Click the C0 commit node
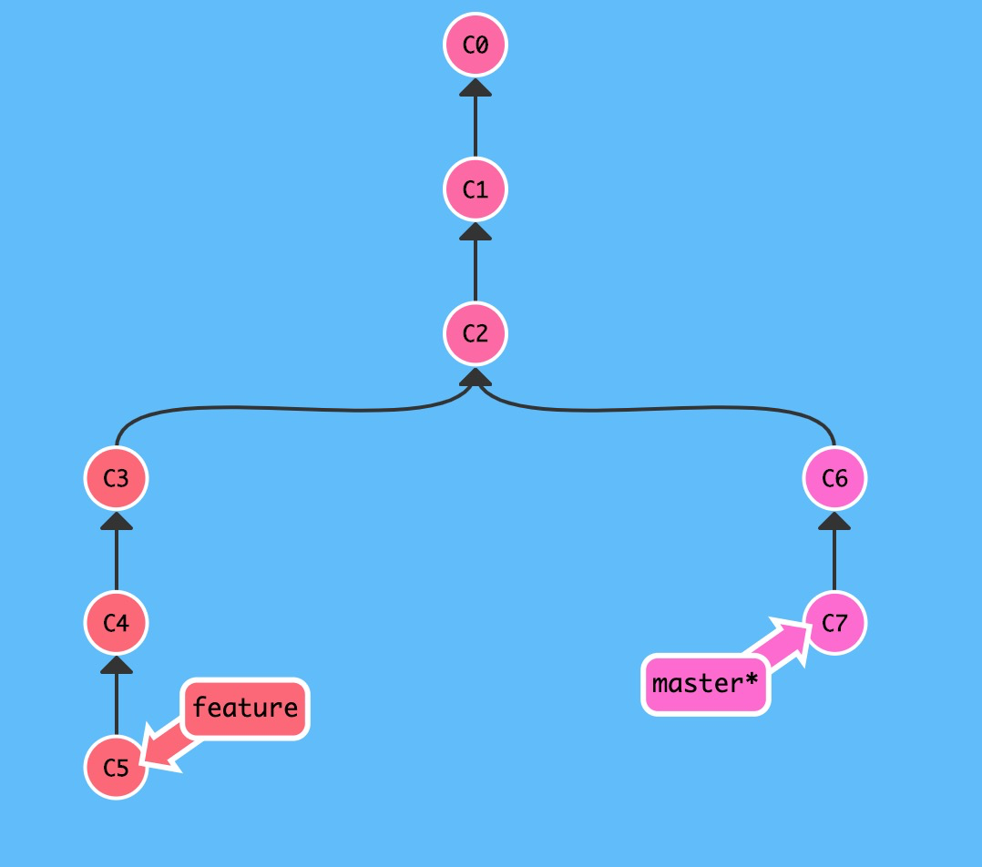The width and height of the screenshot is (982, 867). coord(475,45)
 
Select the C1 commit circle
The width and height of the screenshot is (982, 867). coord(475,189)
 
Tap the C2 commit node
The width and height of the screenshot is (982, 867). coord(475,333)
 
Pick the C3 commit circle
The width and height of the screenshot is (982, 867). coord(116,478)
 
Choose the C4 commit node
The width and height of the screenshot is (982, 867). coord(116,623)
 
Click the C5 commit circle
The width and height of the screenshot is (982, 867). coord(116,768)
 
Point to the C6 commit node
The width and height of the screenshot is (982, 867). coord(834,478)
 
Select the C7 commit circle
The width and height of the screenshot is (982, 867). coord(834,623)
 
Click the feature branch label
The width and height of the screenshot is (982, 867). coord(245,708)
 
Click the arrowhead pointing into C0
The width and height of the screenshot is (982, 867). coord(475,87)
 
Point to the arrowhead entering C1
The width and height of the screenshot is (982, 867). coord(475,232)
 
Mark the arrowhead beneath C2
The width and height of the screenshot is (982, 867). coord(475,377)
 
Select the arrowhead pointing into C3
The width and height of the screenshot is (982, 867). coord(116,521)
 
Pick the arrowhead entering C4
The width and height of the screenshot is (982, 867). coord(116,666)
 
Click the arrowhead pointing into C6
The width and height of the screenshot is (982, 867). coord(834,521)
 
